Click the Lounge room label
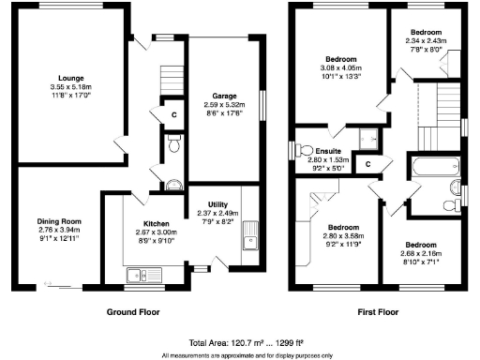[x=70, y=74]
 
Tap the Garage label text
[x=223, y=95]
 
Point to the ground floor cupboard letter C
[x=175, y=115]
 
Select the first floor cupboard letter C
[x=367, y=164]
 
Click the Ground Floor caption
[x=131, y=312]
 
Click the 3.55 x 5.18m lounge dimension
[x=70, y=84]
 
